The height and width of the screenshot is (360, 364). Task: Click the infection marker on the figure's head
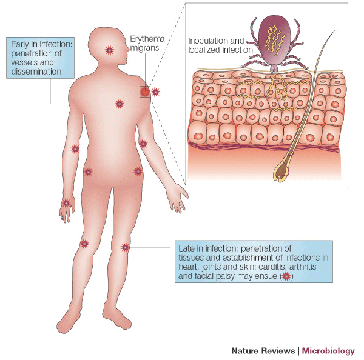[109, 49]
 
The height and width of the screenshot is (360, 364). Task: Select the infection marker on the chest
[120, 104]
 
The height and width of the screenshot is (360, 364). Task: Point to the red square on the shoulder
[144, 92]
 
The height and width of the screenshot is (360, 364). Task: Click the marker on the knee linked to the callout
[126, 247]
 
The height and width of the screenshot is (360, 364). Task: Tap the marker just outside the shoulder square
[156, 92]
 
